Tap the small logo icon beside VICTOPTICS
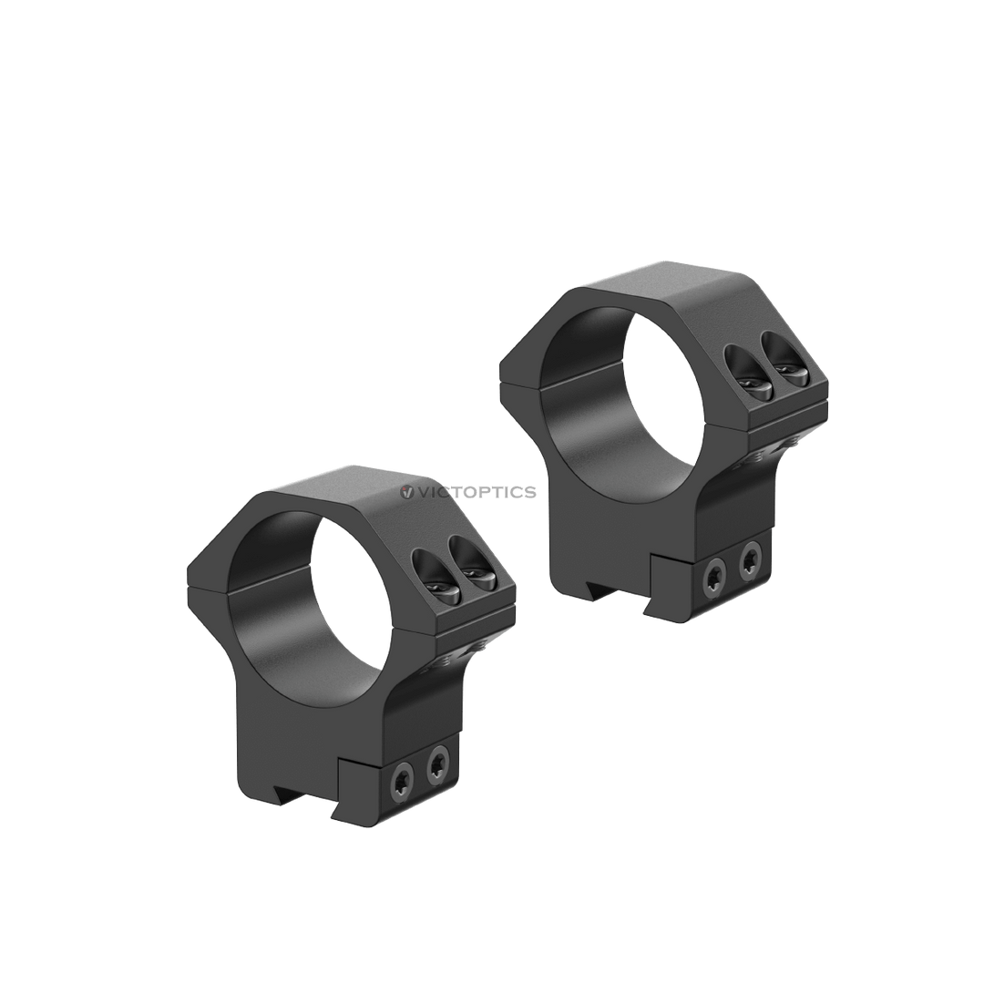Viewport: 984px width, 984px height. (x=406, y=492)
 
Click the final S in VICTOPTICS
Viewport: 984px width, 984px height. (x=530, y=492)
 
